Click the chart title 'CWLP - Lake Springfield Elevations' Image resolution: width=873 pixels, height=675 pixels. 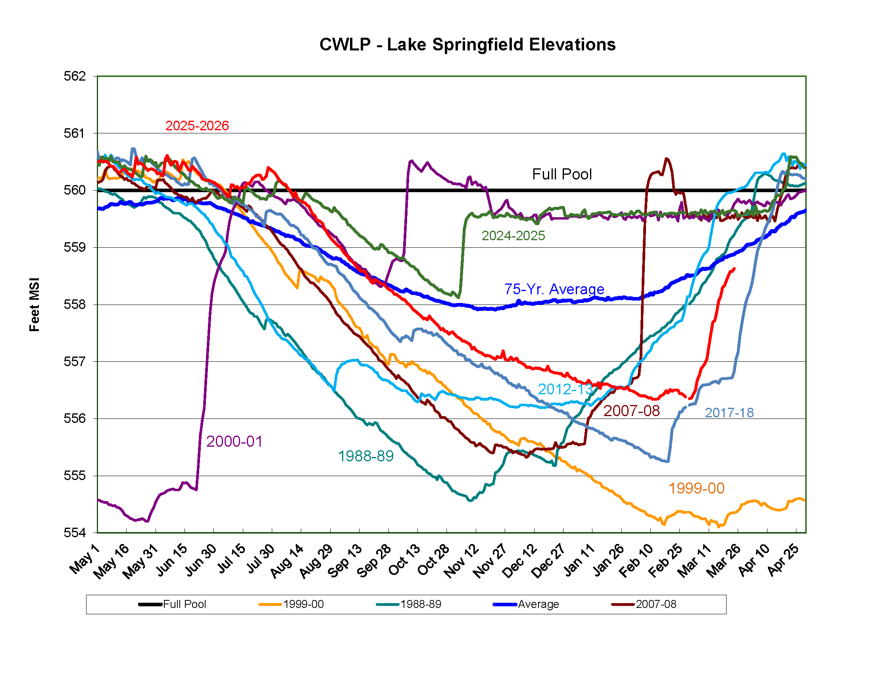(x=467, y=44)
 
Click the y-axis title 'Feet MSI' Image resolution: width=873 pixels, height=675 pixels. (x=35, y=304)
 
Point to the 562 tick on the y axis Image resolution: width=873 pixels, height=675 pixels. (x=75, y=76)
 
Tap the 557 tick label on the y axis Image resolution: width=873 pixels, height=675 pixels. (x=75, y=361)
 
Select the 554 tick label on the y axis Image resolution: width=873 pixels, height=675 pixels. (x=75, y=532)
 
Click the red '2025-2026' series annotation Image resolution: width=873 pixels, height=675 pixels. (x=197, y=125)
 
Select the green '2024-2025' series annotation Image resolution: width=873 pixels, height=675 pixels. (x=513, y=235)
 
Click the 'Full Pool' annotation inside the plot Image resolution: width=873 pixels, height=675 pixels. (x=561, y=174)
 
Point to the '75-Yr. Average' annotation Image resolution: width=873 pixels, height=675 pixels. (x=554, y=289)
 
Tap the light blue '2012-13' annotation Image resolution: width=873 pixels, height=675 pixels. (x=565, y=389)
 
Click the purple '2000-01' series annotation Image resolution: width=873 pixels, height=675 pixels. (x=234, y=442)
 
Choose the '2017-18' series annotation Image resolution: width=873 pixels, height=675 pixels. (x=729, y=412)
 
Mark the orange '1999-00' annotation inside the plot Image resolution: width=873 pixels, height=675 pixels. (x=696, y=488)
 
